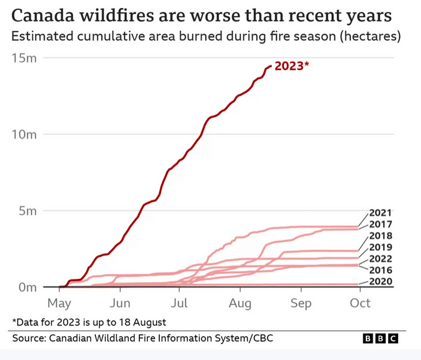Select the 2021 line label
coord(380,213)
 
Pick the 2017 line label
coord(380,225)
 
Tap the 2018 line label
coord(380,236)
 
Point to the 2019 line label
coord(380,247)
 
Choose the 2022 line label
coord(380,259)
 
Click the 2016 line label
coord(380,270)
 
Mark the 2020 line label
coord(380,281)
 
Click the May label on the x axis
coord(59,303)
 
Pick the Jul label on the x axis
coord(180,303)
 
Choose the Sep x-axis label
coord(301,303)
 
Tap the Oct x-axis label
coord(360,303)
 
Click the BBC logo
coord(380,339)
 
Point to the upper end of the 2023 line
coord(270,66)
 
